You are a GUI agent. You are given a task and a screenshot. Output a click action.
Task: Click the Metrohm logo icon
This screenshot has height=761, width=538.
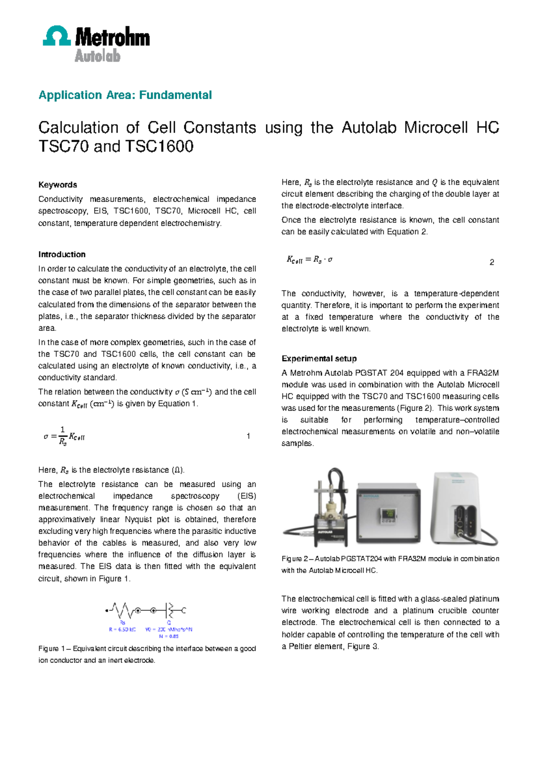pos(56,36)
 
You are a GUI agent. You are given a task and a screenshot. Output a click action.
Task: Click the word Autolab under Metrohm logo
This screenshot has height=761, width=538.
pos(97,56)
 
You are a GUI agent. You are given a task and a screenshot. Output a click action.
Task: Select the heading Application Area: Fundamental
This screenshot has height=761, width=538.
pos(125,95)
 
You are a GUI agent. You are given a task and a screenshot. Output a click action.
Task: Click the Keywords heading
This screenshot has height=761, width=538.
pos(57,185)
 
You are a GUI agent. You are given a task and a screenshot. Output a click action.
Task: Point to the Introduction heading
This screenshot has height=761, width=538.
pos(62,254)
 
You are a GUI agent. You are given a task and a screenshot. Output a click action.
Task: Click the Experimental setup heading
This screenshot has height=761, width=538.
pos(319,359)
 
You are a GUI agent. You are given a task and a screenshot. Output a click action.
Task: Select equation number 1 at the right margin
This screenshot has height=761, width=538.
pos(248,436)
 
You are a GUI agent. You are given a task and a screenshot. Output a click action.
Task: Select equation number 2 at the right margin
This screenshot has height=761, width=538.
pos(492,262)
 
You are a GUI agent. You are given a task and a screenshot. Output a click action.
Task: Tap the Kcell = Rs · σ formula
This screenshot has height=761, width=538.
pos(309,260)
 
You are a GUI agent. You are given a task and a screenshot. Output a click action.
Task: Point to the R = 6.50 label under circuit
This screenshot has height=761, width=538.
pos(122,630)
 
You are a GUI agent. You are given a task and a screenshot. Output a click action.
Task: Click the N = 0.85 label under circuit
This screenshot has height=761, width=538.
pos(169,636)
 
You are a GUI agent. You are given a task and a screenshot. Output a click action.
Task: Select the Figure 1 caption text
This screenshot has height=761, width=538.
pos(147,654)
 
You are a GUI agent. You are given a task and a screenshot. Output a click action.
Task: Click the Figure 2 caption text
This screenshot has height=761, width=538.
pos(390,564)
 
